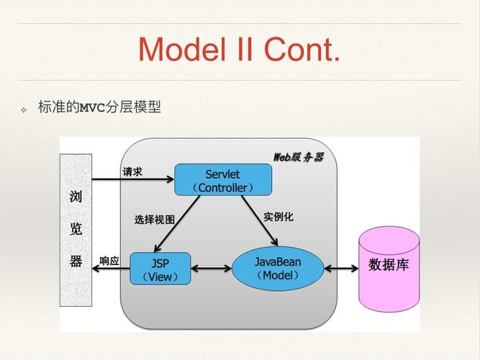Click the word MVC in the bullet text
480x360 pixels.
[92, 108]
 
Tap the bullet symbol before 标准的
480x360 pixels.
[23, 109]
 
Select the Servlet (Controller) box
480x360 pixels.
[223, 180]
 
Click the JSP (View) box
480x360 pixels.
[160, 268]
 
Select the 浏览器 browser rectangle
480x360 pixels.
[76, 228]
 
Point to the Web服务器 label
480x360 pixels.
[298, 156]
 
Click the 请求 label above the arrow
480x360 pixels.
[132, 172]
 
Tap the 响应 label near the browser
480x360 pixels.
[109, 261]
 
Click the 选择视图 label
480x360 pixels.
[154, 220]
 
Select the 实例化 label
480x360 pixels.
[278, 216]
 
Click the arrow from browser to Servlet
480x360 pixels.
[133, 180]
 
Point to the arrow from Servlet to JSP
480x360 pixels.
[177, 224]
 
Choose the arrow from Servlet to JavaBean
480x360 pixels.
[259, 220]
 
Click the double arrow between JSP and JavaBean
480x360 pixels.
[211, 269]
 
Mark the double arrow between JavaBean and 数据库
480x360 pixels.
[341, 269]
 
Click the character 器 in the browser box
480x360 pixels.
[76, 261]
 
